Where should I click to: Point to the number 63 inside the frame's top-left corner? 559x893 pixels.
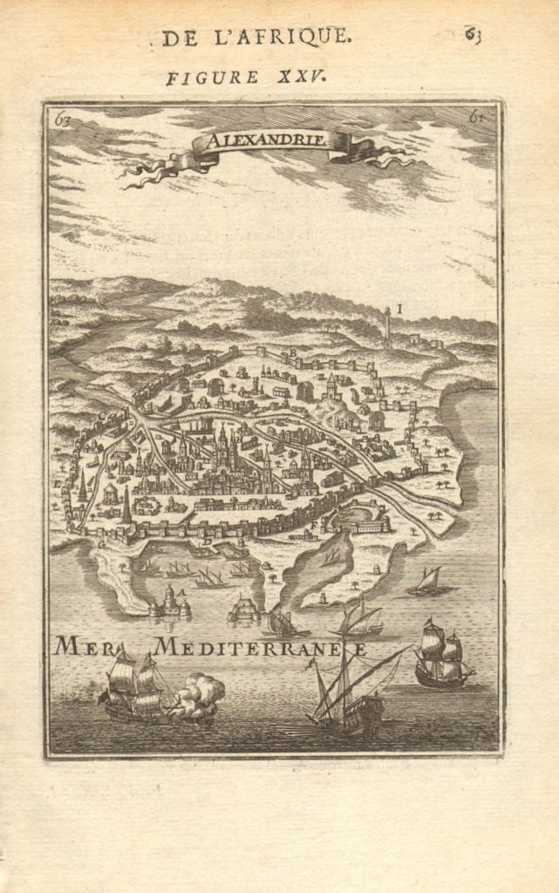[61, 120]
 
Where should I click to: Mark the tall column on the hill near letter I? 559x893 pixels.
[386, 326]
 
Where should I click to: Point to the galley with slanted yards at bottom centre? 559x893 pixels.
[349, 693]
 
